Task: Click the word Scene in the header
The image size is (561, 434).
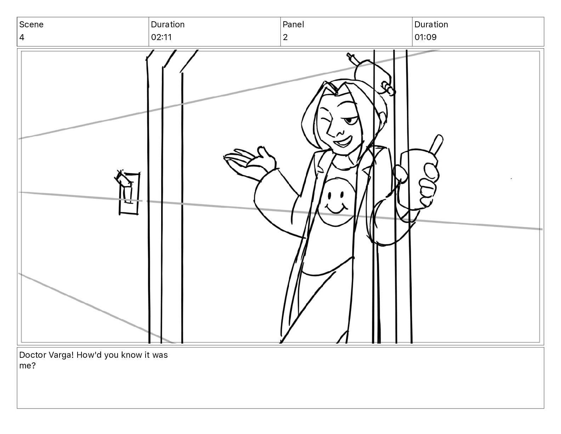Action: point(31,24)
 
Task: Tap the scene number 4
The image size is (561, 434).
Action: point(22,37)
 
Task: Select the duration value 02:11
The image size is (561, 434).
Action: point(161,37)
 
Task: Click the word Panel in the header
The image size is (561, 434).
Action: point(293,24)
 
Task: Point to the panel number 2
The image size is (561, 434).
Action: point(285,37)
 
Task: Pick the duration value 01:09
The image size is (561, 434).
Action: point(426,37)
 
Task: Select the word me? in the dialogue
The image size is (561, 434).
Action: point(27,366)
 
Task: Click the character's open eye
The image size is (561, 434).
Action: point(350,120)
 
